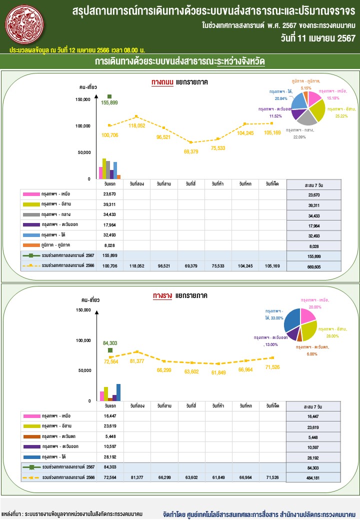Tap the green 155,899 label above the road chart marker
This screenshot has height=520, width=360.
(109, 102)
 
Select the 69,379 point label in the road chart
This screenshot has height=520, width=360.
(191, 151)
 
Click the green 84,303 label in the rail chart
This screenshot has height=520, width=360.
(110, 343)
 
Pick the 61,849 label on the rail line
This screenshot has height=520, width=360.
(218, 372)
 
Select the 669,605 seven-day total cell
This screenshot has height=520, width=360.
(314, 266)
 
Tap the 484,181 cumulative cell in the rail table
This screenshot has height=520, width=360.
(314, 477)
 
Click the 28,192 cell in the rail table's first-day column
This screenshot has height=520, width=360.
(109, 457)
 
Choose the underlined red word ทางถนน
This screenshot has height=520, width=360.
(162, 82)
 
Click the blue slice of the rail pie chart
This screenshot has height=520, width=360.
(291, 320)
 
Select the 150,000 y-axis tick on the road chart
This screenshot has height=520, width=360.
(82, 99)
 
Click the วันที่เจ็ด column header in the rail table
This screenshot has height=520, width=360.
(273, 405)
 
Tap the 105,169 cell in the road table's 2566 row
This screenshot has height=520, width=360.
(273, 266)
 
